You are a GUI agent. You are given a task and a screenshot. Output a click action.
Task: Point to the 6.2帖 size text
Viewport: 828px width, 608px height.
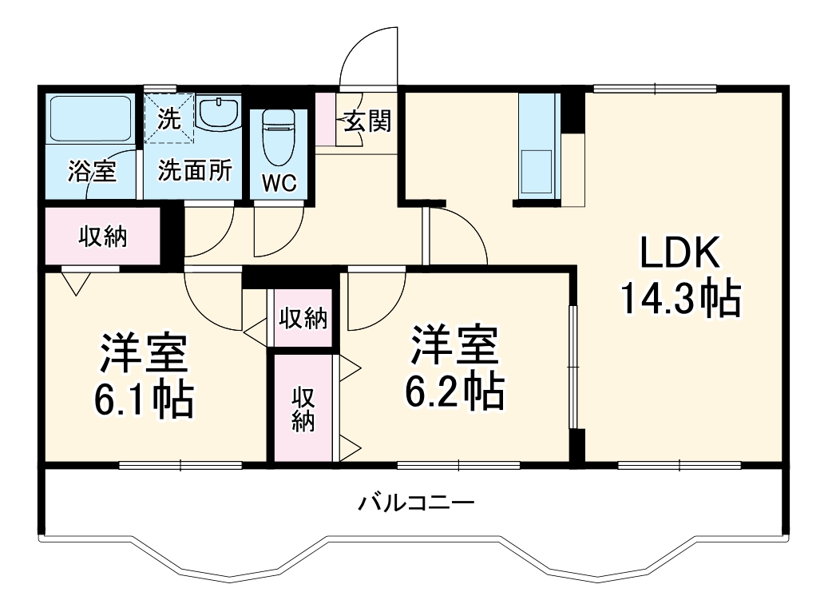click(x=456, y=391)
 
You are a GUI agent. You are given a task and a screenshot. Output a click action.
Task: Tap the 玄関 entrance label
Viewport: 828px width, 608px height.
click(x=368, y=122)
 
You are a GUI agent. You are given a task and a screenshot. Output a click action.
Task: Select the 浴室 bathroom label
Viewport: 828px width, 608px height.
click(x=92, y=170)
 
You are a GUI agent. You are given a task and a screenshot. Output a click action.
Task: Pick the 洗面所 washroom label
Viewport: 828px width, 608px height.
click(x=194, y=170)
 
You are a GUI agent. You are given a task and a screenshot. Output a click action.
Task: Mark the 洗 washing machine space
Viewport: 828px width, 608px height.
click(x=169, y=117)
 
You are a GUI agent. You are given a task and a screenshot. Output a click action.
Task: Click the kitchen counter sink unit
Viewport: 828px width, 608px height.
click(x=538, y=148)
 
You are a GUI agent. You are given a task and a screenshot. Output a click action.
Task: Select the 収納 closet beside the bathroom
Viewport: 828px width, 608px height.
click(x=102, y=236)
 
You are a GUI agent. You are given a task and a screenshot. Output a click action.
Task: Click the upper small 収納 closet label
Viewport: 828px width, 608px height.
click(x=303, y=318)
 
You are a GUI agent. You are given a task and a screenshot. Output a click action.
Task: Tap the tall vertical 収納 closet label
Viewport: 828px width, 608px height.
click(x=303, y=408)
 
